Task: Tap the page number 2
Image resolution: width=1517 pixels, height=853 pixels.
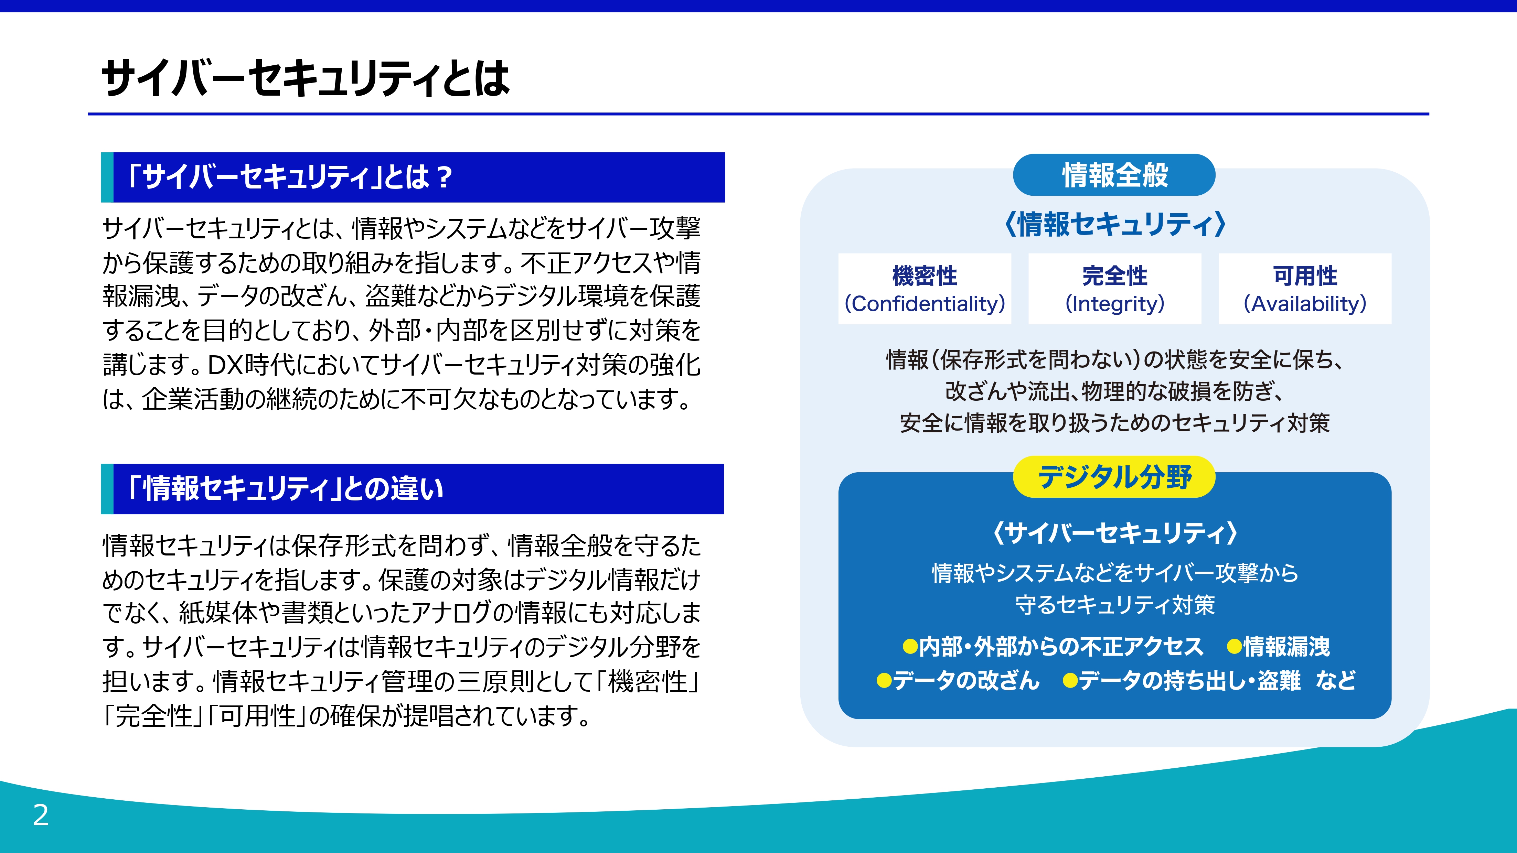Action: tap(41, 815)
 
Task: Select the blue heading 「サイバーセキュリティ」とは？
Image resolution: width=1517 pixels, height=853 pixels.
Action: tap(413, 177)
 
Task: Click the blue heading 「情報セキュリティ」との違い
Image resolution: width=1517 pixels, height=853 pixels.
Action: tap(412, 489)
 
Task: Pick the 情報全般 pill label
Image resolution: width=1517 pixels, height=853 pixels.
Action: tap(1114, 175)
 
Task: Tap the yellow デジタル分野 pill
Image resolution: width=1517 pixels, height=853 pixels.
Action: tap(1114, 477)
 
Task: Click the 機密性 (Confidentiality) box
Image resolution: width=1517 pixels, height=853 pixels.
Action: tap(925, 289)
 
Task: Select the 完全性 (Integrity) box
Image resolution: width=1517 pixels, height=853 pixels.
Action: tap(1115, 289)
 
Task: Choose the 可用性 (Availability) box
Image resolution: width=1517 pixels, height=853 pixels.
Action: tap(1305, 289)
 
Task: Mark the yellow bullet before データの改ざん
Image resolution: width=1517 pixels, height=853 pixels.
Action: tap(884, 681)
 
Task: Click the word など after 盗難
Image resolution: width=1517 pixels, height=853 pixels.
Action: tap(1336, 681)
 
